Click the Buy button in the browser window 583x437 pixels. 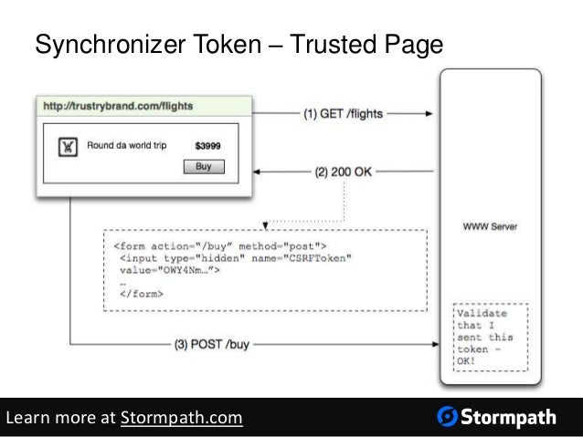pos(204,167)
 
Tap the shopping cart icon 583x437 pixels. pos(67,146)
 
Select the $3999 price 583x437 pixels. pos(207,145)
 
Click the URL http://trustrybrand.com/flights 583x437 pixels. pos(118,106)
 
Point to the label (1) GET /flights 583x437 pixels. pos(344,114)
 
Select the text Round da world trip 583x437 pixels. pos(126,145)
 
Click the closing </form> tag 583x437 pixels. pos(142,294)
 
